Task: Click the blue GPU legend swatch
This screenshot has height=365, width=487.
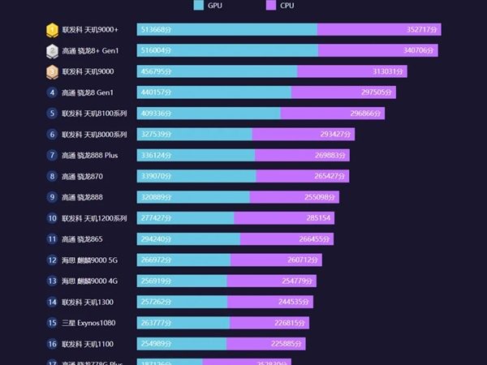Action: tap(199, 6)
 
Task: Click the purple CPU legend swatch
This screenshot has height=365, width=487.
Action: tap(271, 6)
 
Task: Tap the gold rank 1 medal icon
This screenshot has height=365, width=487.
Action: tap(52, 30)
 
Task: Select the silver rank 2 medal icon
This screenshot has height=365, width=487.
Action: tap(52, 50)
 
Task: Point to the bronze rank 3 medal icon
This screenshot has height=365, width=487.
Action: tap(52, 71)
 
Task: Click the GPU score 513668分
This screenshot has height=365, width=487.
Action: tap(157, 30)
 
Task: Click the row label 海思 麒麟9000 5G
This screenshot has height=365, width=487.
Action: tap(89, 260)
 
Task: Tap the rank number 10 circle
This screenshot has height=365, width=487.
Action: tap(52, 218)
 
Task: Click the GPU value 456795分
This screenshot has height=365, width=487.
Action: tap(157, 71)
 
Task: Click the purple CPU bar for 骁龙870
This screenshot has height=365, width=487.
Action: tap(302, 176)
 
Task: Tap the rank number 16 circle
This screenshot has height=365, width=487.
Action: tap(52, 344)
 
